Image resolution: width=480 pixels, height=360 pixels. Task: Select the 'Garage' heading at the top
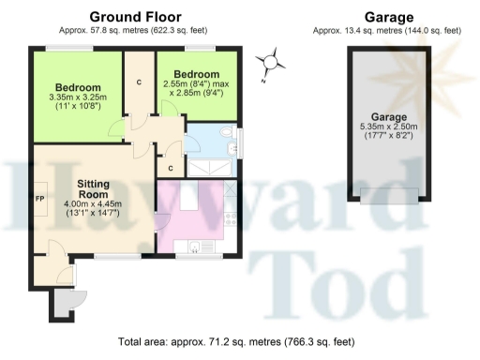(x=387, y=16)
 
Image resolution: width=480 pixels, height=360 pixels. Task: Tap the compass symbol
(x=271, y=65)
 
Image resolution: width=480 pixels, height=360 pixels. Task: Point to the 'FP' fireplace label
(x=40, y=199)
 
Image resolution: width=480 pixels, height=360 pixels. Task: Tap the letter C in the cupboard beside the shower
(x=170, y=168)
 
